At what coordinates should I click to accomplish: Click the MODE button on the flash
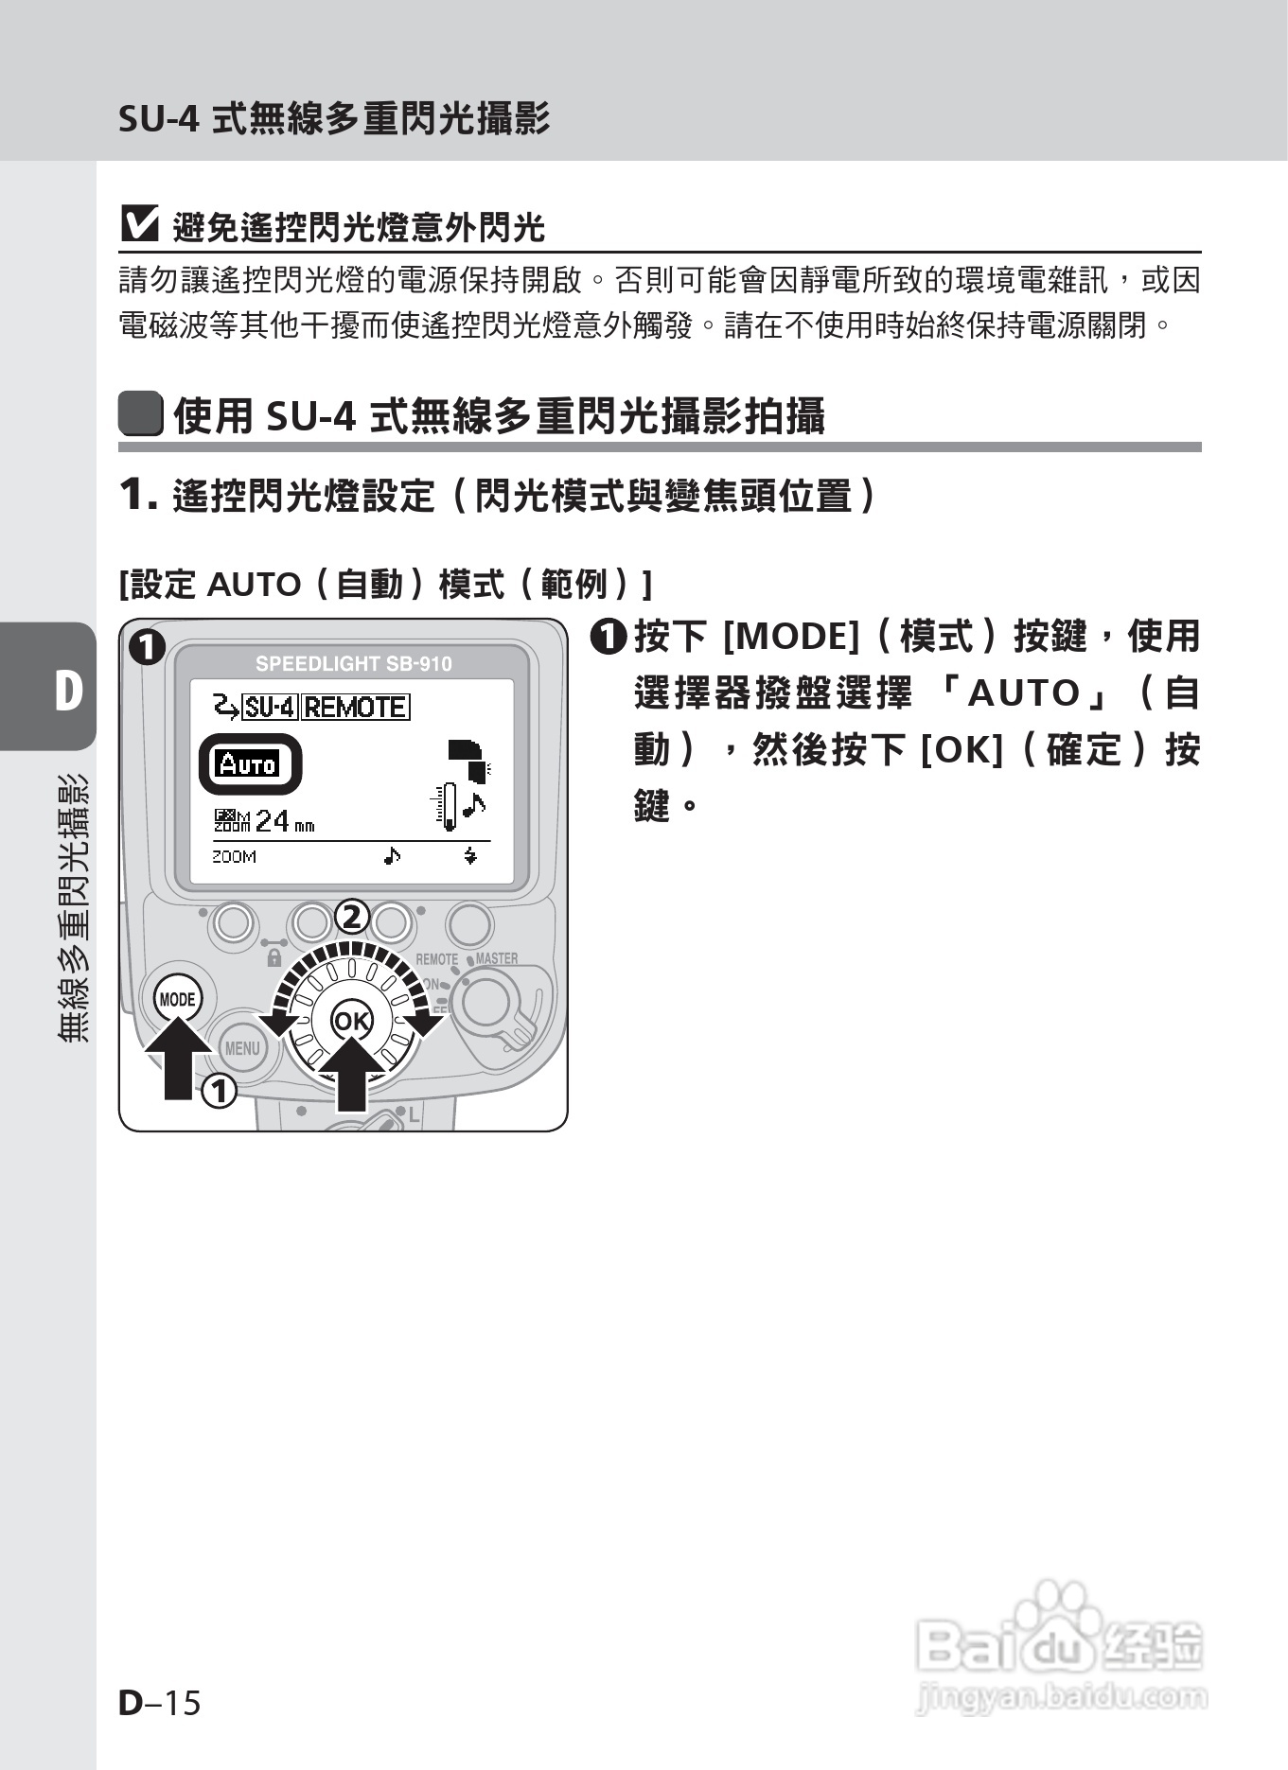coord(177,999)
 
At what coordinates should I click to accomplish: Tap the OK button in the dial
coord(351,1021)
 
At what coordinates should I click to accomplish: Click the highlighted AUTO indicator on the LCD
coord(249,764)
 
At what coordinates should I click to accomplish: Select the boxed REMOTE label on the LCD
coord(356,707)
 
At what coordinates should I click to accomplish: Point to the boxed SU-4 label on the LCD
coord(271,707)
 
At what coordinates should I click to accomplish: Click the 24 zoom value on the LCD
coord(272,819)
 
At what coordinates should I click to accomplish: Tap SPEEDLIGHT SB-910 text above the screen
coord(353,664)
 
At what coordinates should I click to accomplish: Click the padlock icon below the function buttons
coord(274,958)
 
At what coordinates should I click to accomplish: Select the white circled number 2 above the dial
coord(351,917)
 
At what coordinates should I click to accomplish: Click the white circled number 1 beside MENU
coord(219,1092)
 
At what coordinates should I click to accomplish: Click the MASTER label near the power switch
coord(496,958)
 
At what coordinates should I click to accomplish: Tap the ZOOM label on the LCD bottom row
coord(234,857)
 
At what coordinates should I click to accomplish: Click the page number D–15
coord(160,1703)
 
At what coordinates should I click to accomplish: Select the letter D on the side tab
coord(67,691)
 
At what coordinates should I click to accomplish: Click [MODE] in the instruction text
coord(790,637)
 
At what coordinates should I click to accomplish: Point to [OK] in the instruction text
coord(961,750)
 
